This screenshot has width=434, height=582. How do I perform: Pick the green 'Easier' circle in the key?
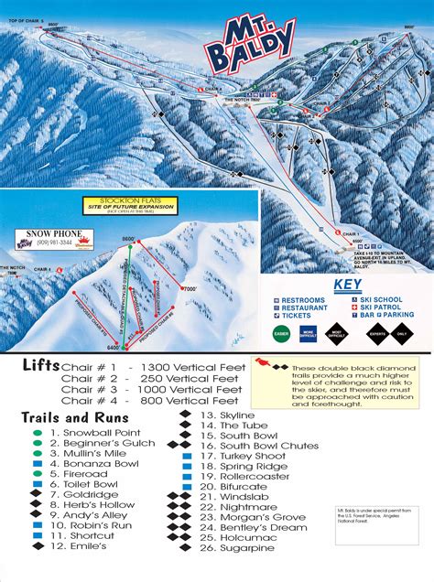coord(280,332)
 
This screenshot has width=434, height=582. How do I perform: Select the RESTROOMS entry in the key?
coord(303,300)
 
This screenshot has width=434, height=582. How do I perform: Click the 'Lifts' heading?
coord(42,365)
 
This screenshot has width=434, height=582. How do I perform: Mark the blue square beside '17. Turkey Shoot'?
coord(186,455)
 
